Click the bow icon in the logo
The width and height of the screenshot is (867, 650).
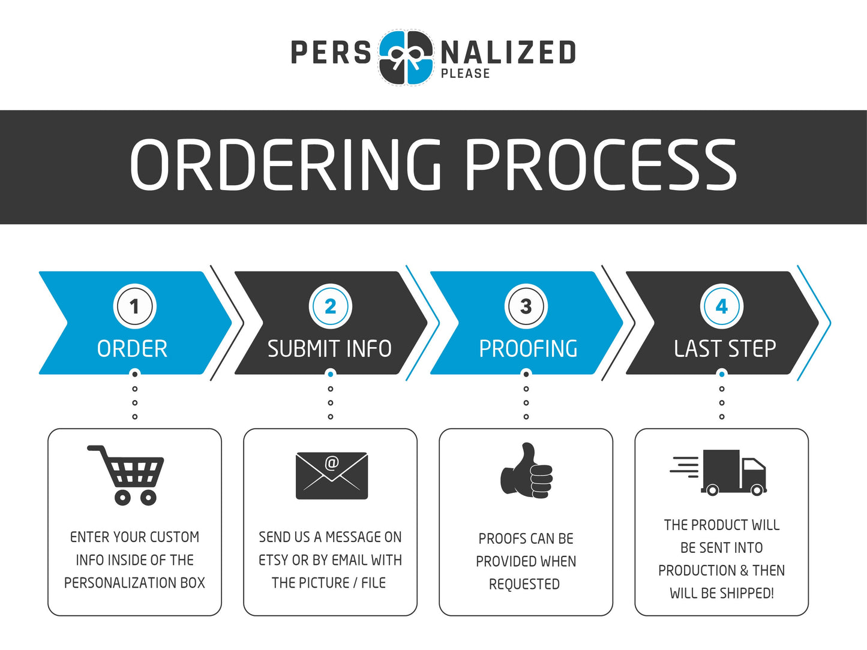coord(406,58)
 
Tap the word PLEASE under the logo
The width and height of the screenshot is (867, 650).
coord(465,74)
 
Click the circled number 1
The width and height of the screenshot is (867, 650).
coord(134,306)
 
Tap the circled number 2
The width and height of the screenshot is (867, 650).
coord(330,306)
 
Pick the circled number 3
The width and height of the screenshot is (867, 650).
coord(526,306)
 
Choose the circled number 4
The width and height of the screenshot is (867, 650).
coord(722,306)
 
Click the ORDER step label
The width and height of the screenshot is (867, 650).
coord(132,349)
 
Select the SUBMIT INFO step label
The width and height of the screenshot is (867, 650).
coord(329,349)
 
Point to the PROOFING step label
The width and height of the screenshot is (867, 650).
coord(528,349)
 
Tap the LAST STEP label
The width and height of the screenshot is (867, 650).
coord(725,348)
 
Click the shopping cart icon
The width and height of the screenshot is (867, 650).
coord(127,474)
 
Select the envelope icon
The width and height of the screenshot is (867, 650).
coord(331,476)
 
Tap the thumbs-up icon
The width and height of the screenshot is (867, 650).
coord(526,471)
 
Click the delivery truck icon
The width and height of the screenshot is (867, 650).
coord(720,473)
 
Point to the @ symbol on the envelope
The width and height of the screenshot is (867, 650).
coord(332,463)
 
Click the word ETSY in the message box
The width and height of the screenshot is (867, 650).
coord(273,560)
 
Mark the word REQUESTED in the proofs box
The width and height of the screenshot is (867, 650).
coord(524,584)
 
